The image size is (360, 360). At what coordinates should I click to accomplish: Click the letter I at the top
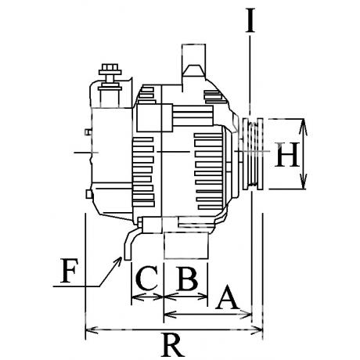[x=250, y=20]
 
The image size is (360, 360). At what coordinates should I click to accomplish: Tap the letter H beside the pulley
[x=287, y=154]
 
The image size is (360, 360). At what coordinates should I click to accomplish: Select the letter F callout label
[x=69, y=271]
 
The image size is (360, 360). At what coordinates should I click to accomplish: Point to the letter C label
[x=147, y=278]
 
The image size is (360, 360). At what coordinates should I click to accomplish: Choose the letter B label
[x=187, y=278]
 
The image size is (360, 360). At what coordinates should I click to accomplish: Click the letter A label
[x=227, y=297]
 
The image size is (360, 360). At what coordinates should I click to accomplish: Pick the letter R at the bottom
[x=172, y=345]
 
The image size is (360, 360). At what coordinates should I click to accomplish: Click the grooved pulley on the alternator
[x=253, y=154]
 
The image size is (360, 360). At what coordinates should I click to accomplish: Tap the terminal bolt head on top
[x=110, y=69]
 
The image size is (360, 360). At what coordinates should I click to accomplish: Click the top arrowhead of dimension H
[x=303, y=125]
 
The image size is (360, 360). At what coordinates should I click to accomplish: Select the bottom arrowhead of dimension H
[x=303, y=182]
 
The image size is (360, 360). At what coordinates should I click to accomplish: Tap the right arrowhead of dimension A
[x=246, y=315]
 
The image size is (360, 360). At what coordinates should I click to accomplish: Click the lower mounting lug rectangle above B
[x=186, y=246]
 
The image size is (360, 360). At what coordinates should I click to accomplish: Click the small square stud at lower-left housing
[x=89, y=194]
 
